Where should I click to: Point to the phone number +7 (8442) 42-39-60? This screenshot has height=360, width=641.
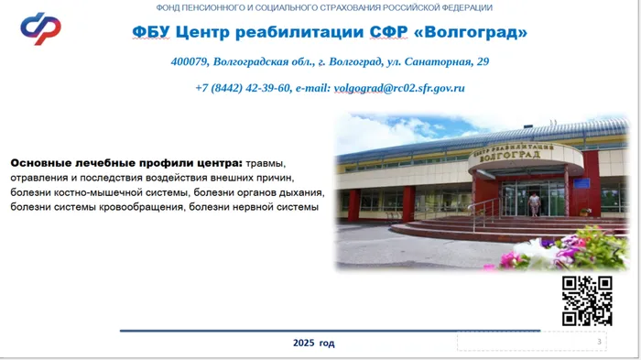tap(243, 89)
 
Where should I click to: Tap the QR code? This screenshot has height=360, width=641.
tap(586, 300)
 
